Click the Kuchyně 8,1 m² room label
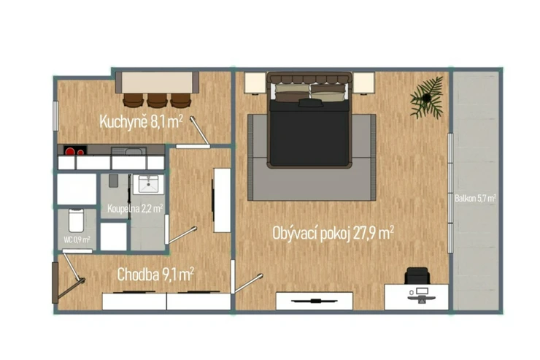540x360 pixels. [x=141, y=122]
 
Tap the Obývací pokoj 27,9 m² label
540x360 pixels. [x=333, y=233]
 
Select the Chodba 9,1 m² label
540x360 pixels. [x=155, y=275]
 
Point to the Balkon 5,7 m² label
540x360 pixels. [x=475, y=198]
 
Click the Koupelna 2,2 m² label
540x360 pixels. [x=135, y=208]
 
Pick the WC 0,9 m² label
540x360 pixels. [x=77, y=240]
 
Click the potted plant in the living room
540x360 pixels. [x=426, y=98]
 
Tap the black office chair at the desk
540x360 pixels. [x=417, y=275]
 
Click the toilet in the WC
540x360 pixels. [x=76, y=221]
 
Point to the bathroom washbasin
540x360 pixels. [x=148, y=184]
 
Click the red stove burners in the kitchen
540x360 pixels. [x=74, y=151]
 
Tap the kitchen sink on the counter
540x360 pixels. [x=128, y=151]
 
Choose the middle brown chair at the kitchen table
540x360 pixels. [x=157, y=100]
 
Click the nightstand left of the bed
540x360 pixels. [x=255, y=83]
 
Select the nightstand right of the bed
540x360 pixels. [x=363, y=83]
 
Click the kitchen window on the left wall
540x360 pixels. [x=55, y=116]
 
